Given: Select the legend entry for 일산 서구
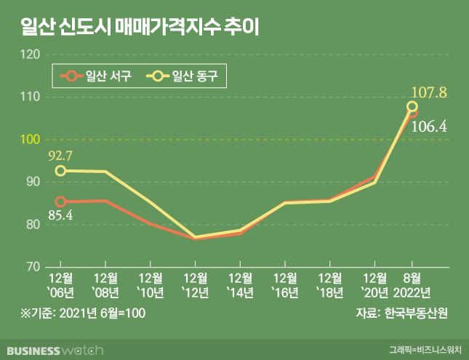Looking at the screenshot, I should (x=98, y=75).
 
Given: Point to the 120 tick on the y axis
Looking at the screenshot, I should (x=31, y=55).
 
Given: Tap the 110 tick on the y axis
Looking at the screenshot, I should (x=31, y=97).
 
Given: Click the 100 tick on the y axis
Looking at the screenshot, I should (x=31, y=139).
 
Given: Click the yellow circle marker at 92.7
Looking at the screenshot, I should (x=61, y=171).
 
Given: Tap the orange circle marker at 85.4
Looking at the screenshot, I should (x=61, y=201).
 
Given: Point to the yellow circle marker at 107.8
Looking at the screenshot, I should (x=412, y=107).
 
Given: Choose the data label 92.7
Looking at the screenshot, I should (x=61, y=155).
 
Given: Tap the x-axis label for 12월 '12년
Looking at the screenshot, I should (x=195, y=284).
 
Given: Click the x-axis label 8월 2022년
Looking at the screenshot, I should (x=411, y=284).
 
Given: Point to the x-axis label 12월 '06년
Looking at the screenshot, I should (x=61, y=284).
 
